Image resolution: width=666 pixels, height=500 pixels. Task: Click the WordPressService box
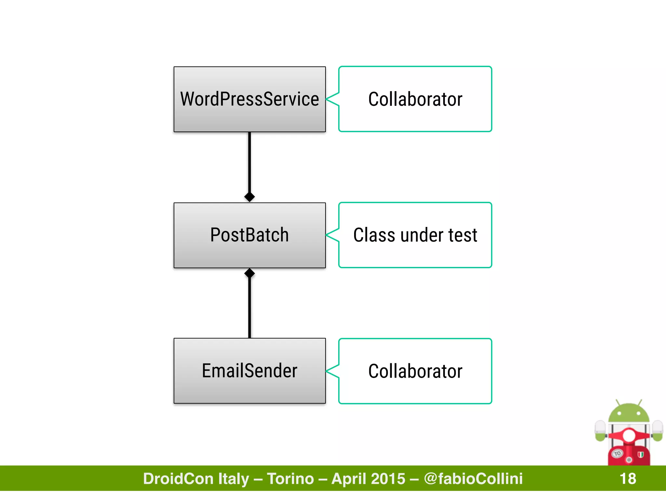tap(249, 99)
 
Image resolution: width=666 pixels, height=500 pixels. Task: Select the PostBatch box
tap(249, 235)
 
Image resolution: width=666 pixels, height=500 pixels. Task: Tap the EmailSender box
tap(249, 371)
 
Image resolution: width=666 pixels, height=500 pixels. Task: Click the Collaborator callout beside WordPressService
tap(415, 99)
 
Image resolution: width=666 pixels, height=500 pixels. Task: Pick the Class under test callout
tap(415, 235)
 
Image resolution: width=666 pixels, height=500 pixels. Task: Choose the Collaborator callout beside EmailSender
tap(415, 371)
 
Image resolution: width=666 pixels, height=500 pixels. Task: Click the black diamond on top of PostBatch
tap(249, 197)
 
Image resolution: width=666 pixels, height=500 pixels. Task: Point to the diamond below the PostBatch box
tap(249, 273)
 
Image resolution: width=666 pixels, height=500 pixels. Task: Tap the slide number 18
tap(628, 479)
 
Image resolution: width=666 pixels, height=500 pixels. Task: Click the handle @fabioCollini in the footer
tap(473, 479)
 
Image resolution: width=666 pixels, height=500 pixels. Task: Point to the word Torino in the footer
tap(290, 479)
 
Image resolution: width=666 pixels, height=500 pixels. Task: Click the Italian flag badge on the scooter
tap(641, 454)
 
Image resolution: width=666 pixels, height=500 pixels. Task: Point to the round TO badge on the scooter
tap(617, 453)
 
